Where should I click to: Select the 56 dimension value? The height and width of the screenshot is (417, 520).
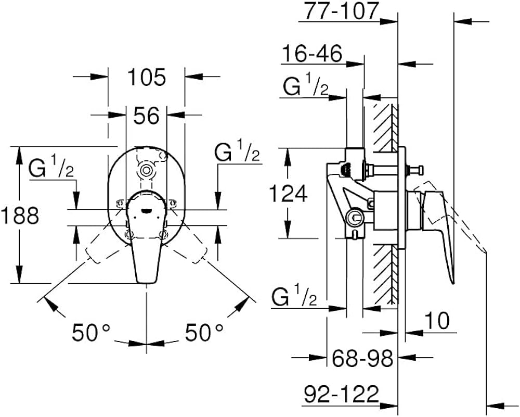146,116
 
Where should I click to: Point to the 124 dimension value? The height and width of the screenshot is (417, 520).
288,194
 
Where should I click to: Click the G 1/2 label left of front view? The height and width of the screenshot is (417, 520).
51,168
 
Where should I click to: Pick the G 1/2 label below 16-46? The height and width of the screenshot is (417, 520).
306,87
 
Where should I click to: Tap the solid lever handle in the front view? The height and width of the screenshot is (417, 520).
146,245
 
